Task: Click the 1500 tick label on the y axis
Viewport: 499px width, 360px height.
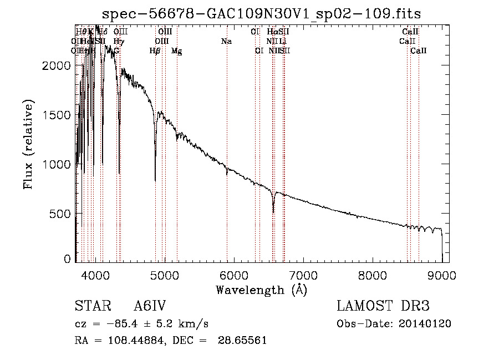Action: click(58, 115)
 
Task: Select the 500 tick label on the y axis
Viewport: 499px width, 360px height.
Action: click(63, 214)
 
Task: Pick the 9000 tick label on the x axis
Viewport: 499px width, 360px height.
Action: click(441, 274)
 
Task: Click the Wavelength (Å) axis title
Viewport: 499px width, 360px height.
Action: click(261, 290)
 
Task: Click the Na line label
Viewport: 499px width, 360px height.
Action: click(226, 41)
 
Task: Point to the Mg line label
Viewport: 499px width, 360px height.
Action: click(176, 51)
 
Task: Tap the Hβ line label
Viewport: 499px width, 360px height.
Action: click(155, 51)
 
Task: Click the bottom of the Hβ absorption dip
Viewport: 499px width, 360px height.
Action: click(155, 180)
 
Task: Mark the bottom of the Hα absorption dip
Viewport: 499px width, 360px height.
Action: click(273, 211)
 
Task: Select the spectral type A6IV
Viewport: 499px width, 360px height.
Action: click(150, 306)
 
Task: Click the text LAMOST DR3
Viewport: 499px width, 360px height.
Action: click(383, 306)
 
